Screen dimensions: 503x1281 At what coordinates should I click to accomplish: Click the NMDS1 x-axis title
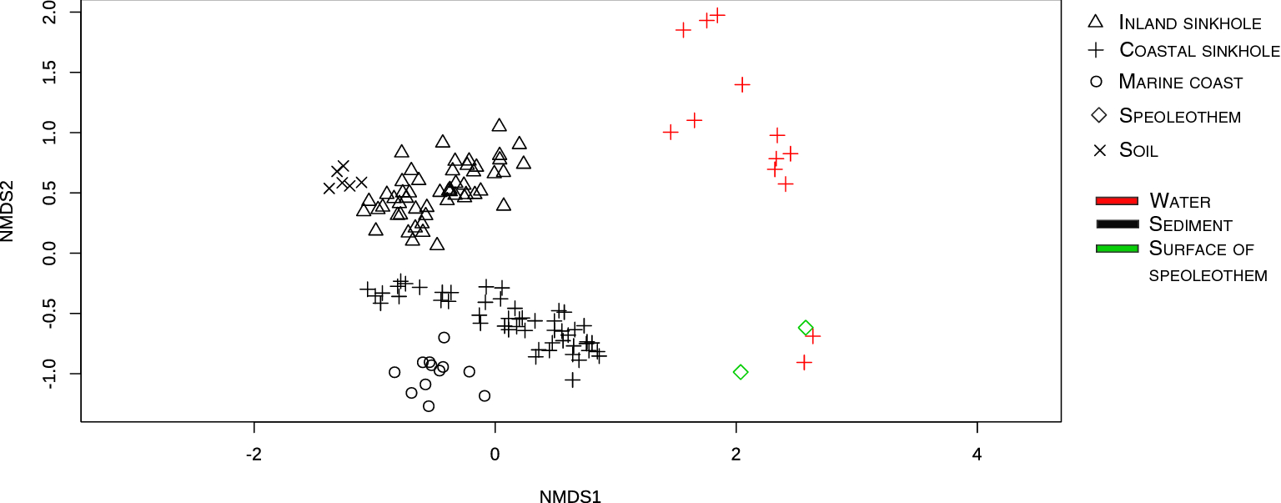[570, 497]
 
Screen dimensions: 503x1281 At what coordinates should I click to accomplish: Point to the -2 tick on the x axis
[254, 455]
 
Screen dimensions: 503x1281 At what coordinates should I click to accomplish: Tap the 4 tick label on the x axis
[977, 455]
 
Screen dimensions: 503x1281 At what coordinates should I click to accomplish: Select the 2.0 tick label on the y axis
[51, 13]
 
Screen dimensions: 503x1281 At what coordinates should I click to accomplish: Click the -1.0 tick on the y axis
[51, 374]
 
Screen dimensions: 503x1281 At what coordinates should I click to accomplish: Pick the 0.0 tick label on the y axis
[51, 253]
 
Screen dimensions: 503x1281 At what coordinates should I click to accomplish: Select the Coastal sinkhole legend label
[1198, 50]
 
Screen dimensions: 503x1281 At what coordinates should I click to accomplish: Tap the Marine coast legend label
[1180, 83]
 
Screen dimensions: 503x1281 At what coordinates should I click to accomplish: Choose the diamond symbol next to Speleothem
[1098, 115]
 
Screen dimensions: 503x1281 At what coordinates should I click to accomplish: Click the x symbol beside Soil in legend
[1098, 150]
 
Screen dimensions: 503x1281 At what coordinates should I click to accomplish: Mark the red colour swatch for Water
[1117, 201]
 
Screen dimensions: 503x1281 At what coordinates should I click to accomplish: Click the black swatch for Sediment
[1117, 224]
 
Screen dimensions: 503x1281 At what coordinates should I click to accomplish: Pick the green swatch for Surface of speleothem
[1117, 249]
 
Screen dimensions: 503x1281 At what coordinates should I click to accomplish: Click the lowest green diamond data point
[741, 372]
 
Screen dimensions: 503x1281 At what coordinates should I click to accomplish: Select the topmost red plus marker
[717, 15]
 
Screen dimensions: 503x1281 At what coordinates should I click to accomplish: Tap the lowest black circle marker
[429, 406]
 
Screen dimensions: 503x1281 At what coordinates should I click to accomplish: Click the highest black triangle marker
[499, 125]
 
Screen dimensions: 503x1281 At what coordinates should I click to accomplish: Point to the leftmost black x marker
[329, 188]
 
